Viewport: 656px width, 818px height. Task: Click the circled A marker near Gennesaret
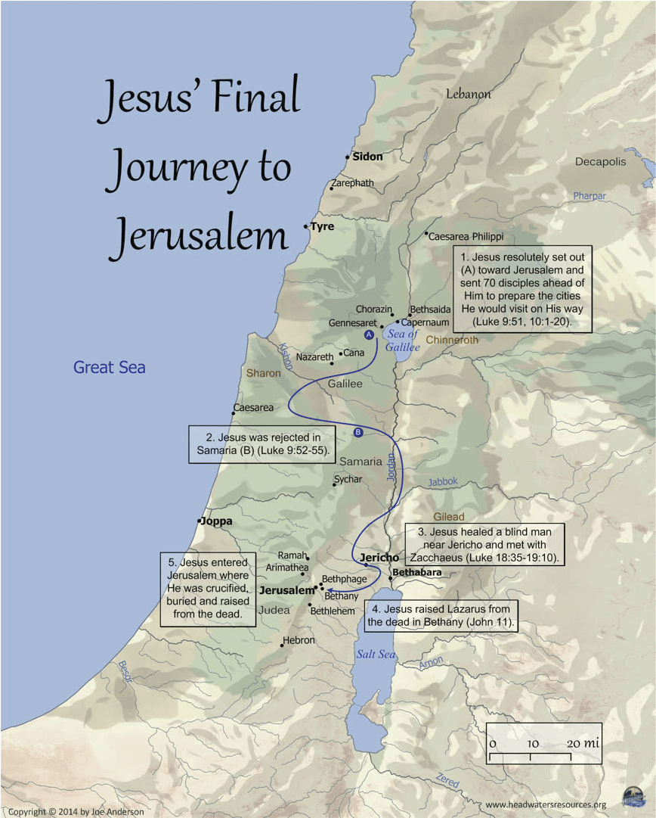369,334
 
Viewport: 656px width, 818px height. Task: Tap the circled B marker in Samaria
358,433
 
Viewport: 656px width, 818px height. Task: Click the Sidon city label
367,157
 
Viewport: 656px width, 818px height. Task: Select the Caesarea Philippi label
466,236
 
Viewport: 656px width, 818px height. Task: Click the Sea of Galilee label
402,340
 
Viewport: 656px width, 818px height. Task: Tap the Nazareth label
314,356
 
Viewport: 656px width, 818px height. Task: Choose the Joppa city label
216,521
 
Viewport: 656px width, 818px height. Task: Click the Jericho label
379,558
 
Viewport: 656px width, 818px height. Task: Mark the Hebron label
298,640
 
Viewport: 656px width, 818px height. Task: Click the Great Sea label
109,368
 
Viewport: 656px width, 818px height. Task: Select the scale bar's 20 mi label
583,743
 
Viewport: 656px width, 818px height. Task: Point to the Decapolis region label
600,162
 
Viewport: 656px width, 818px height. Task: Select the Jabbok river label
443,481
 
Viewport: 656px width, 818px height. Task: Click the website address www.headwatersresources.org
546,804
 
